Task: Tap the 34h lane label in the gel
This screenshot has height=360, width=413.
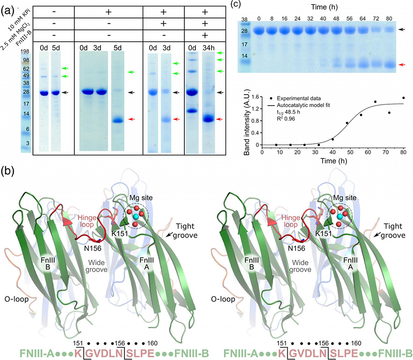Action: pyautogui.click(x=208, y=48)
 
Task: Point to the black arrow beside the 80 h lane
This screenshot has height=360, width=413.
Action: pyautogui.click(x=401, y=30)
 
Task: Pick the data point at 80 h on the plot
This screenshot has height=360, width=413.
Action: pyautogui.click(x=403, y=98)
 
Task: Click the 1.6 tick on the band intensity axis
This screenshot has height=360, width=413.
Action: pyautogui.click(x=255, y=97)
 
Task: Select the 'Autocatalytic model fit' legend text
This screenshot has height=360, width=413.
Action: pyautogui.click(x=303, y=105)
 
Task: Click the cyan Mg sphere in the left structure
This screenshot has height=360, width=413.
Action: pyautogui.click(x=136, y=217)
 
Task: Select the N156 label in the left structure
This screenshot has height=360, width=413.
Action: pyautogui.click(x=92, y=248)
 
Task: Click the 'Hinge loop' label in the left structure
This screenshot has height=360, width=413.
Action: pyautogui.click(x=87, y=221)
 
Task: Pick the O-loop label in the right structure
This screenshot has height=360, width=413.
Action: pyautogui.click(x=223, y=299)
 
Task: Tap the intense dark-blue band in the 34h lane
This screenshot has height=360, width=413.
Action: pyautogui.click(x=209, y=119)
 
